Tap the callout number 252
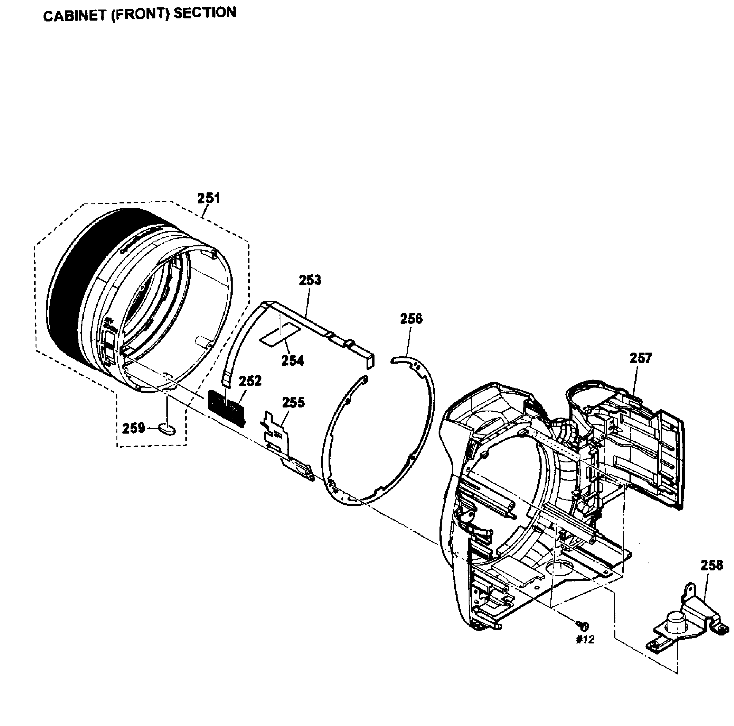[251, 381]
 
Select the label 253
[310, 280]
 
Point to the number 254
[293, 361]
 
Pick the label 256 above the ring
[411, 319]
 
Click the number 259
[134, 428]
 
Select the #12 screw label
[585, 640]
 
